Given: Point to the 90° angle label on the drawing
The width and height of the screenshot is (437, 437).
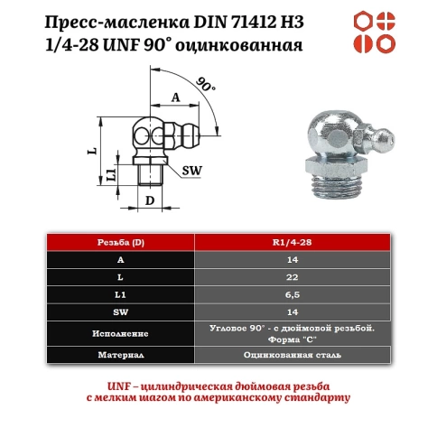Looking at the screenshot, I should (x=206, y=87).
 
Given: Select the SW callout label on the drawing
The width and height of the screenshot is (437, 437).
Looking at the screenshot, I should (x=191, y=169).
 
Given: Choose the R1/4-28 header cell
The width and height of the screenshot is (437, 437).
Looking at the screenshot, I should (x=295, y=243).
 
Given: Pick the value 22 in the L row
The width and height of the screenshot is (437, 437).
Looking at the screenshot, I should (x=295, y=278).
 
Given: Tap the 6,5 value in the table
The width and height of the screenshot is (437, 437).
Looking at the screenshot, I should (x=295, y=295).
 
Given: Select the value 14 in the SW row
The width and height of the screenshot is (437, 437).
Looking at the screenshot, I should (x=295, y=312).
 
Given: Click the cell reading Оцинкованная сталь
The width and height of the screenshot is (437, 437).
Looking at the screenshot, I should (x=295, y=356).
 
